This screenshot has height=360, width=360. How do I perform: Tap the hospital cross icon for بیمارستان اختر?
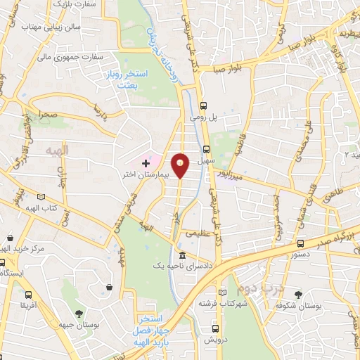click(x=146, y=162)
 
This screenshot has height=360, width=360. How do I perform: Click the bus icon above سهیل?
click(x=206, y=148)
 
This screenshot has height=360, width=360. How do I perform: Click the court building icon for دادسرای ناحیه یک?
click(x=182, y=255)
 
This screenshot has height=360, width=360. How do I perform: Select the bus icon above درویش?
click(x=217, y=327)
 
